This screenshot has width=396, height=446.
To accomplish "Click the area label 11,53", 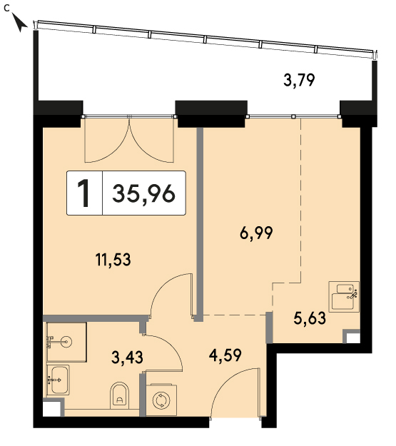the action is coord(113,260).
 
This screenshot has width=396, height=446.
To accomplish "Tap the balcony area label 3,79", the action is coord(299,80).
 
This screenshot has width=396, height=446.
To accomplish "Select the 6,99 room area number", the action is coord(256,233).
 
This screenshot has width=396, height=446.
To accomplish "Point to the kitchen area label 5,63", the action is coord(310,318).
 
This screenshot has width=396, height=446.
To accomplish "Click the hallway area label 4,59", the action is coord(225,355).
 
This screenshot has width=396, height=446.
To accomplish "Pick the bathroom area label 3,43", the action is coord(127,358).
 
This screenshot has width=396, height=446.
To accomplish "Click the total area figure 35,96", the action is coord(143,193).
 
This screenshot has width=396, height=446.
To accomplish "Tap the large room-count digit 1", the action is coord(84,193).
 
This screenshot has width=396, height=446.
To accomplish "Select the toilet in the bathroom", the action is coord(119,395).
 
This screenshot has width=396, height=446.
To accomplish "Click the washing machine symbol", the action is coord(161,400).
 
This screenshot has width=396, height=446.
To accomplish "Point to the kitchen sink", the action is coord(344,296).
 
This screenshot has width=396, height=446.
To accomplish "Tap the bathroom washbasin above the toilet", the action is coord(58,380).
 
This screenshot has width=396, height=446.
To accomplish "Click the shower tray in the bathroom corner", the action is coord(66,343).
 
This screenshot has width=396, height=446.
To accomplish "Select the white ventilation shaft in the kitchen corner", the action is coord(353,338).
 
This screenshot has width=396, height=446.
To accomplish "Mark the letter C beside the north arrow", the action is coord(7,9).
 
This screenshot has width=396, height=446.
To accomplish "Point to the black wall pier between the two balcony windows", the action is coord(211,113).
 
